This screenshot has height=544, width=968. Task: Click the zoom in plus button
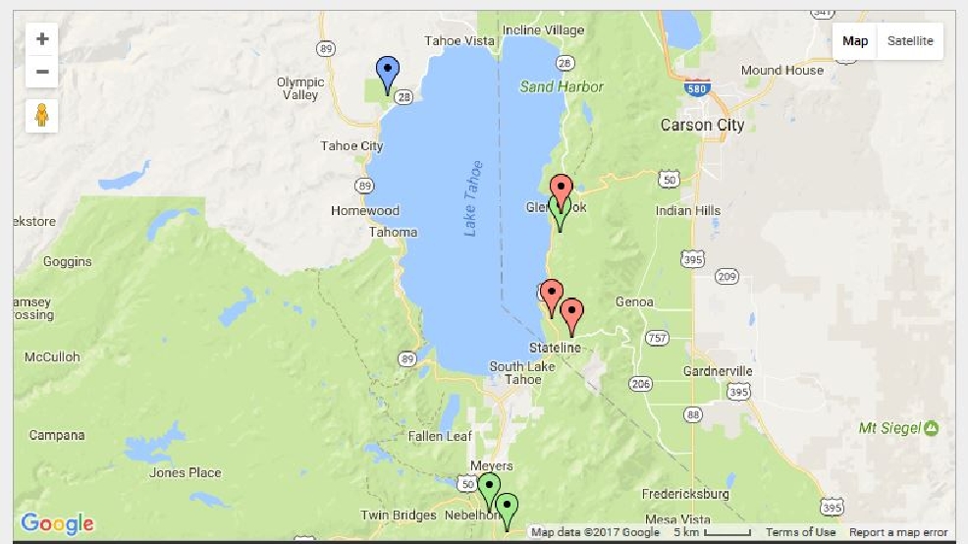coord(41,39)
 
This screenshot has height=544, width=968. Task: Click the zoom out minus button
coord(41,72)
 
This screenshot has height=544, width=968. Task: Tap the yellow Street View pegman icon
coord(41,115)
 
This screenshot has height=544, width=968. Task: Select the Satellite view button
coord(910,41)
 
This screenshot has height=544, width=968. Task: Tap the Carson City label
coord(702,125)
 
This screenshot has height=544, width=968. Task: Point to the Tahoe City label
coord(351,146)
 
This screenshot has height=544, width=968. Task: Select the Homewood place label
coord(365,211)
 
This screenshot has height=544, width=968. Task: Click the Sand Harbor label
coord(562,86)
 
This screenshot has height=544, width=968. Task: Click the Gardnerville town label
coord(718,371)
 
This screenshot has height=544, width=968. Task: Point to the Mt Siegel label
coord(889,428)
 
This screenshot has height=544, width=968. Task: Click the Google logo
coord(57,524)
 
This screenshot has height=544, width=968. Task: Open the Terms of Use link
coord(800,532)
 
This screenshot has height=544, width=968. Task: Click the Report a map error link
coord(898,532)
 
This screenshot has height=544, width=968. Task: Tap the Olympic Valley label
coord(299,89)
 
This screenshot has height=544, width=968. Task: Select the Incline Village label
coord(543,30)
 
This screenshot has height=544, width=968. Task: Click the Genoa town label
coord(634,302)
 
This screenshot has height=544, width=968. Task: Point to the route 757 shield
coord(657,338)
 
